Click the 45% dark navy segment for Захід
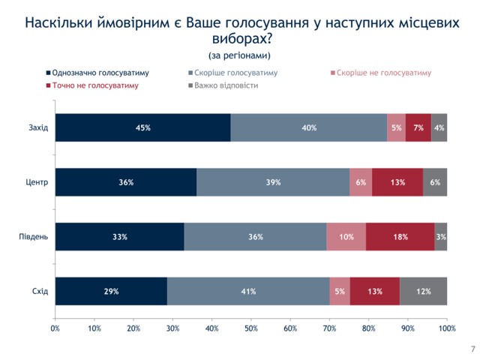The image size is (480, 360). pos(142,127)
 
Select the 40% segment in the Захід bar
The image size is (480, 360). pos(309,127)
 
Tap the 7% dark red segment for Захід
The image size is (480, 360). pos(418,127)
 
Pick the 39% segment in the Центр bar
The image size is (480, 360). pos(273,182)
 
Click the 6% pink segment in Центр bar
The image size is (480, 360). pos(361,182)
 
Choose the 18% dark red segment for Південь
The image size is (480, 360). pos(400,237)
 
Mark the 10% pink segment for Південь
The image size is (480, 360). pos(346,237)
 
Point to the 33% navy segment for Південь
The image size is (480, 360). pos(119,237)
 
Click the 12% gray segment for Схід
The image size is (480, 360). pos(424,291)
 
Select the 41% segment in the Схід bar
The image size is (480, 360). pos(248,291)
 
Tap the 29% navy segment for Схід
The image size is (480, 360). pos(111,291)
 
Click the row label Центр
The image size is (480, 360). pos(36,182)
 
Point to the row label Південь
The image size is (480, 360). pos(34,237)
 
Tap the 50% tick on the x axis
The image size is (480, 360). pos(251,328)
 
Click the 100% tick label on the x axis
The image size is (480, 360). pos(447,328)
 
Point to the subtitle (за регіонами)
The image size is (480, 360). pos(239,55)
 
